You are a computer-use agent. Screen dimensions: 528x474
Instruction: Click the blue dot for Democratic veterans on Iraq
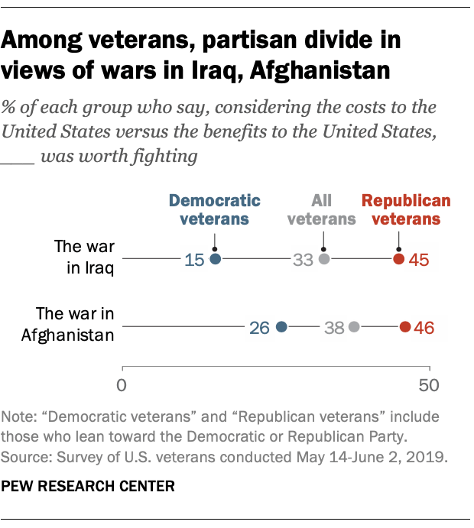pyautogui.click(x=216, y=260)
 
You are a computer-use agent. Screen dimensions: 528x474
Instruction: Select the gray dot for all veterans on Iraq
pyautogui.click(x=324, y=260)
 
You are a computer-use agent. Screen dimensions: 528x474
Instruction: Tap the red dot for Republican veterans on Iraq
pyautogui.click(x=398, y=260)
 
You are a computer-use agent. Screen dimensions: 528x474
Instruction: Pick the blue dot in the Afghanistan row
pyautogui.click(x=281, y=327)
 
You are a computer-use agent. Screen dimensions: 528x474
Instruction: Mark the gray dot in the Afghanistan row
pyautogui.click(x=354, y=327)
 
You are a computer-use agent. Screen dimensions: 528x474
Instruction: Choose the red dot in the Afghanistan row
pyautogui.click(x=404, y=327)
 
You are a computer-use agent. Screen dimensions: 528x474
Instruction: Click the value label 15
pyautogui.click(x=194, y=260)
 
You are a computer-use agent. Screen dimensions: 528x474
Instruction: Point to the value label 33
pyautogui.click(x=303, y=260)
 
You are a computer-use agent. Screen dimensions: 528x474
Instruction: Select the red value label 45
pyautogui.click(x=419, y=260)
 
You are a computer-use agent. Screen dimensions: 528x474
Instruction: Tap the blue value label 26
pyautogui.click(x=260, y=327)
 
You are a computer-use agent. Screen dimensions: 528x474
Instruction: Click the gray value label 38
pyautogui.click(x=333, y=327)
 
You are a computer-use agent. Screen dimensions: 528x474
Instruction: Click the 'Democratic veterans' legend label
pyautogui.click(x=214, y=209)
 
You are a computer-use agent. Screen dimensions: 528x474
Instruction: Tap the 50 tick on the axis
pyautogui.click(x=429, y=384)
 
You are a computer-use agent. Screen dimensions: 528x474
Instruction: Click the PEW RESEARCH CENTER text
pyautogui.click(x=89, y=485)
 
